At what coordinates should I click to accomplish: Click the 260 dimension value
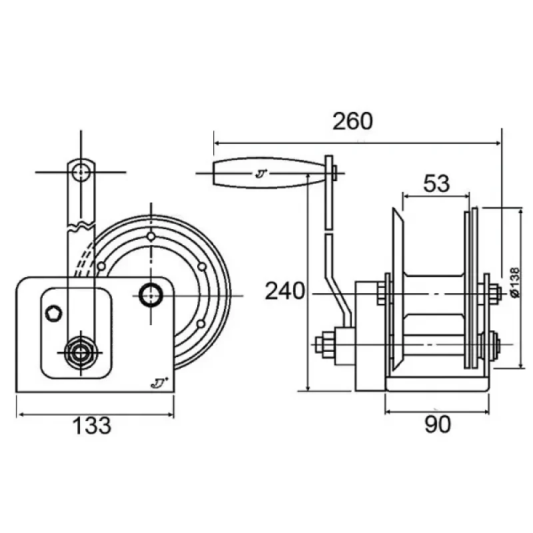point(352,121)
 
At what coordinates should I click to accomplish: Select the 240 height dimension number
point(285,291)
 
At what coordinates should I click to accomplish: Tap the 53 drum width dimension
point(436,183)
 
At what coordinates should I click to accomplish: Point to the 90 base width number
point(438,424)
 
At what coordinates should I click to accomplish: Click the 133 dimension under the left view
point(92,425)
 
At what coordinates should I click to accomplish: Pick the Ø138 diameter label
point(515,282)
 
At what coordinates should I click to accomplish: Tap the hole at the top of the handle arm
point(81,172)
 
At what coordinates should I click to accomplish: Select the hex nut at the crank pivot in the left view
point(81,352)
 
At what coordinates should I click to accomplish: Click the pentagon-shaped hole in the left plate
point(54,313)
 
